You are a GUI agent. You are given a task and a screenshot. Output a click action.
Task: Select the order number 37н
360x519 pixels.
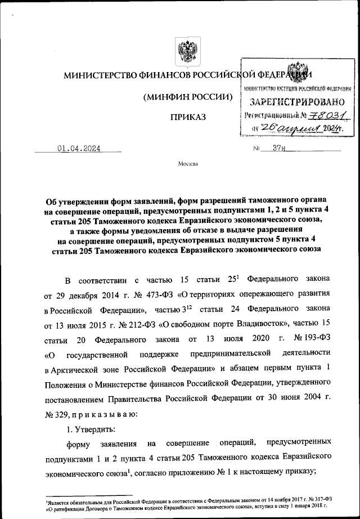[279, 149]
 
